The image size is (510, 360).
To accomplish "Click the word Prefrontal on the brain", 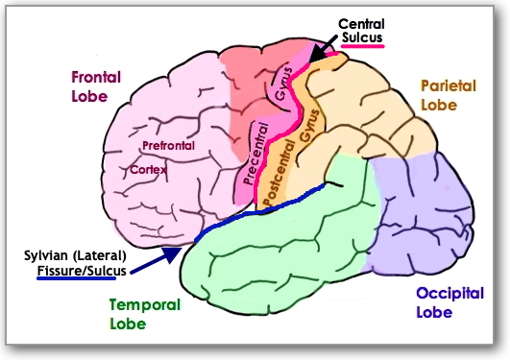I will (168, 146).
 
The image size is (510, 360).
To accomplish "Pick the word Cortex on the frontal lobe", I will (149, 169).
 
